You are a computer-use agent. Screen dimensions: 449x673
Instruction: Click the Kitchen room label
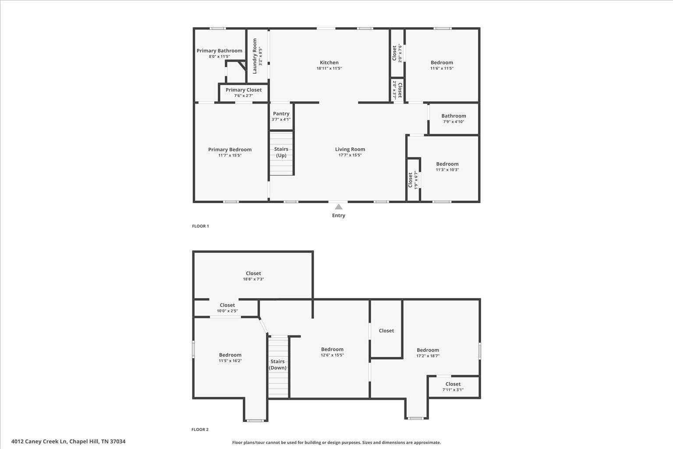tap(329, 63)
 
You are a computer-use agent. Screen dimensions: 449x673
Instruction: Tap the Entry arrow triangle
tap(339, 207)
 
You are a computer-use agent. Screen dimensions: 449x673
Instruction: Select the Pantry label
tap(281, 114)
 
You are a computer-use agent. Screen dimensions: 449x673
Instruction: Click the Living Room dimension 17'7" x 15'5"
tap(350, 155)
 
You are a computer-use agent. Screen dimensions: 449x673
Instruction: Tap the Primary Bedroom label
tap(230, 150)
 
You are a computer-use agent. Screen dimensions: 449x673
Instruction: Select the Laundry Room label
tap(255, 56)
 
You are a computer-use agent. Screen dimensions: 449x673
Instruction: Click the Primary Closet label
tap(244, 90)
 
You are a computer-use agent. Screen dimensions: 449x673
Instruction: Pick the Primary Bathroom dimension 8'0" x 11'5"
tap(219, 57)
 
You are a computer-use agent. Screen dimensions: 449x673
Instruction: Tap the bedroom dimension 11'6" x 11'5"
tap(442, 68)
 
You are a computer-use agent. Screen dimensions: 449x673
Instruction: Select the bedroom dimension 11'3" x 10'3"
tap(447, 170)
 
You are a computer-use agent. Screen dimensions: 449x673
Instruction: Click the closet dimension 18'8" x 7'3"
tap(253, 279)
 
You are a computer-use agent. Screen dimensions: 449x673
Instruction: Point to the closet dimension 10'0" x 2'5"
tap(227, 311)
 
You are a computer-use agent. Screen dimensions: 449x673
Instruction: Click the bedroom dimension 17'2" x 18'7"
tap(428, 356)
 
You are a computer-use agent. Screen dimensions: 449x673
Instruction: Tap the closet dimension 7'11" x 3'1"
tap(453, 390)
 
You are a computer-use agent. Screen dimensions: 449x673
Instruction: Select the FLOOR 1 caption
tap(200, 226)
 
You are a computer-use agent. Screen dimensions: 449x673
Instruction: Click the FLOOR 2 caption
tap(200, 430)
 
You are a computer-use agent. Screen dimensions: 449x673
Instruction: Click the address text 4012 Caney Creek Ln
tap(39, 442)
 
